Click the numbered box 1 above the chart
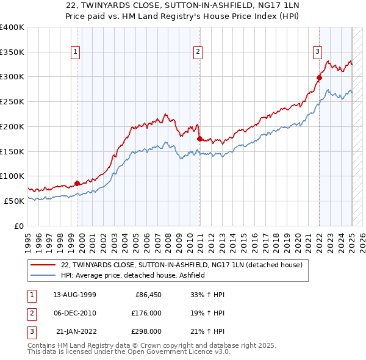pyautogui.click(x=74, y=52)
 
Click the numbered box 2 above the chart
pyautogui.click(x=198, y=52)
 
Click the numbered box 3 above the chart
pyautogui.click(x=318, y=52)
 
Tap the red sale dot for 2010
pyautogui.click(x=199, y=139)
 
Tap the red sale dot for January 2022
pyautogui.click(x=319, y=77)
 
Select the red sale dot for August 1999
pyautogui.click(x=77, y=183)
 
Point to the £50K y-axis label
pyautogui.click(x=14, y=201)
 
